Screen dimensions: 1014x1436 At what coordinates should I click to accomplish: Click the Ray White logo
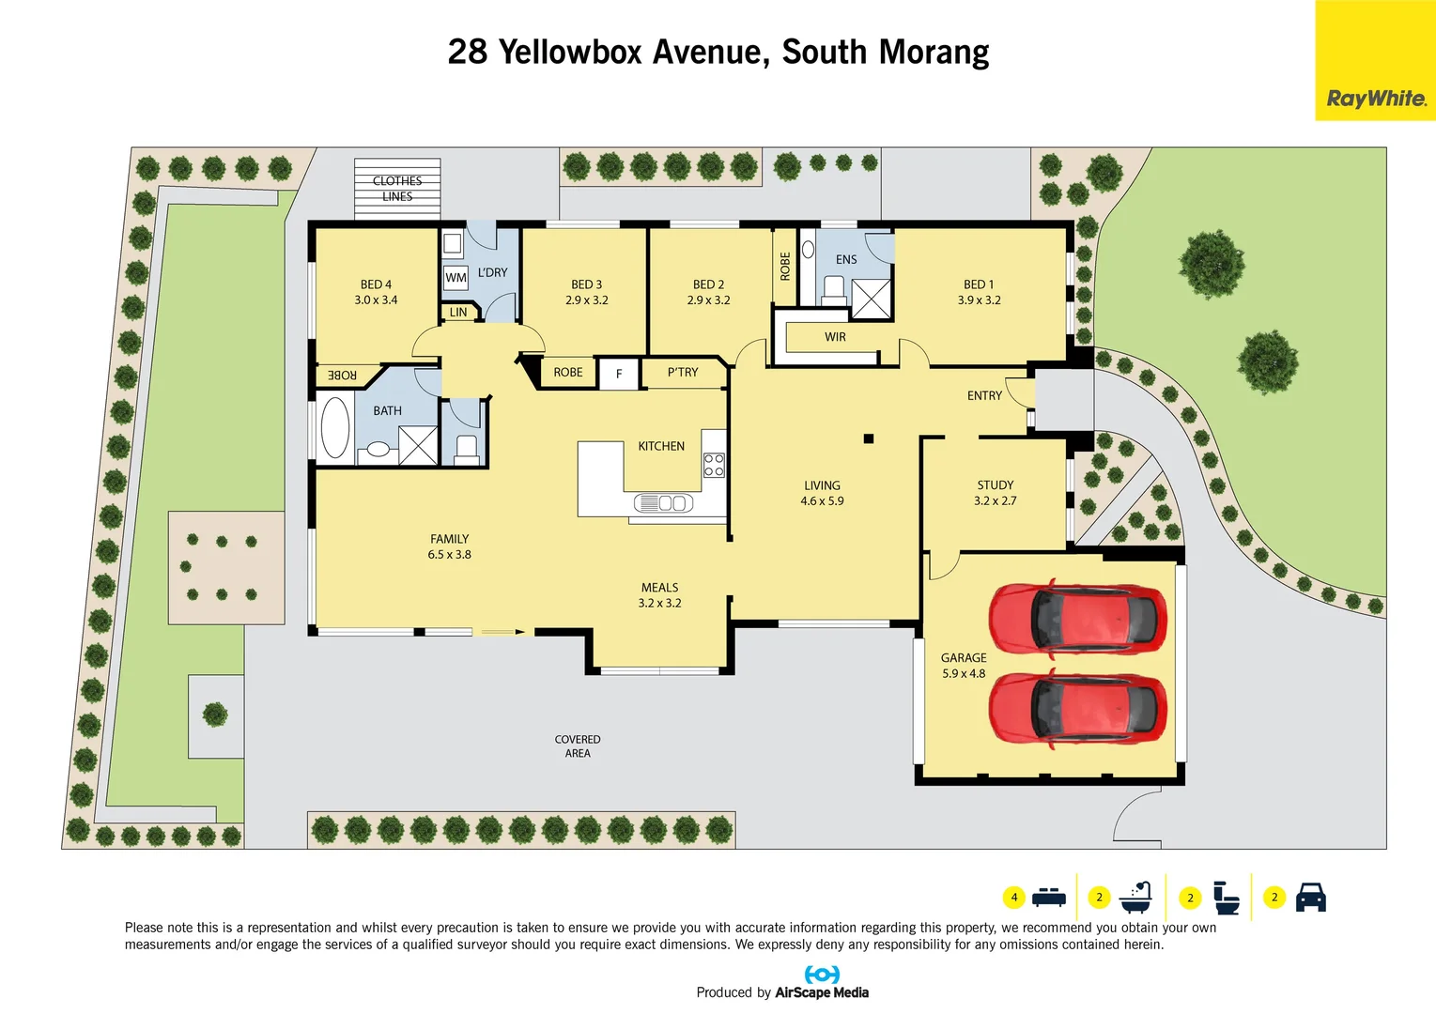click(1375, 98)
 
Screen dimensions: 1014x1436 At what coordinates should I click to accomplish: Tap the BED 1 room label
click(979, 284)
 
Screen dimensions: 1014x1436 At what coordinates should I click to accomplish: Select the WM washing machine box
click(456, 278)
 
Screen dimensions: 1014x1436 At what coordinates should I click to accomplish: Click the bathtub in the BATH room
click(335, 428)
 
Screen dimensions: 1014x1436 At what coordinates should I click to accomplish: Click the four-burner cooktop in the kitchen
click(714, 465)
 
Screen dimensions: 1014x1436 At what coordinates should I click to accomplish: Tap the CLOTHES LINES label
click(397, 189)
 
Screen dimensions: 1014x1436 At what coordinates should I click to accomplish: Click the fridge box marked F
click(619, 374)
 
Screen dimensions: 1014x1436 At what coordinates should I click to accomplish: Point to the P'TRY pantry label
click(683, 373)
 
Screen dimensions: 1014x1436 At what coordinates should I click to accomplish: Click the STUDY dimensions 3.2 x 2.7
click(995, 501)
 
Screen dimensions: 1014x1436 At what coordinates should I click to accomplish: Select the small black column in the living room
click(869, 438)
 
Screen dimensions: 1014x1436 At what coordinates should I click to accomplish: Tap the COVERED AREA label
click(578, 746)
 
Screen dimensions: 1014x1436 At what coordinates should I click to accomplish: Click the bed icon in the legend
click(1048, 898)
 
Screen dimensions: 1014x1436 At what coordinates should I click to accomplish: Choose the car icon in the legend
click(1310, 898)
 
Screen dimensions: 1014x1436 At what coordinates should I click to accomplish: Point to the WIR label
click(835, 337)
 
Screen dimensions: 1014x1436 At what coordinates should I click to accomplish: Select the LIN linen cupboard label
click(458, 313)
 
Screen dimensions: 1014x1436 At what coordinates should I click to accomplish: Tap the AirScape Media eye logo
click(822, 975)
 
